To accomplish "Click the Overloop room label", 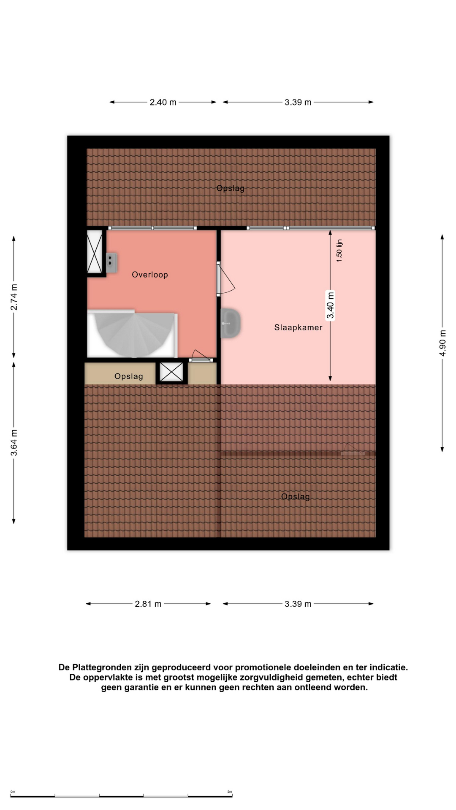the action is point(150,275).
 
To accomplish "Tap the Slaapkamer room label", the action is point(298,327).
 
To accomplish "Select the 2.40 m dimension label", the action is point(163,102).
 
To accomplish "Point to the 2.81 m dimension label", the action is point(148,604).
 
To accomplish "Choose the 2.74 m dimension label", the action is point(14,297).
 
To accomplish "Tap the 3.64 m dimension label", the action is point(14,443).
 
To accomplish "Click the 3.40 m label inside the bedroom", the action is point(330,305).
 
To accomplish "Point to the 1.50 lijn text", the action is point(339,251).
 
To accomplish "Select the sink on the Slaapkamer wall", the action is point(231,323).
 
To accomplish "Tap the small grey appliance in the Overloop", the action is point(111,263).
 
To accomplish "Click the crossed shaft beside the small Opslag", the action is point(171,372).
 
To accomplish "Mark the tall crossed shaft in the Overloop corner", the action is point(95,252).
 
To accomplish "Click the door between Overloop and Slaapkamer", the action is point(225,278).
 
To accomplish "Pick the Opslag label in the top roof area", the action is point(231,189).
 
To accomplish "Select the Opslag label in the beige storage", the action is point(129,376).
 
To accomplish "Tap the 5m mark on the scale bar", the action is point(230,792).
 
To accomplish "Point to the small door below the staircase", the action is point(201,356).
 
